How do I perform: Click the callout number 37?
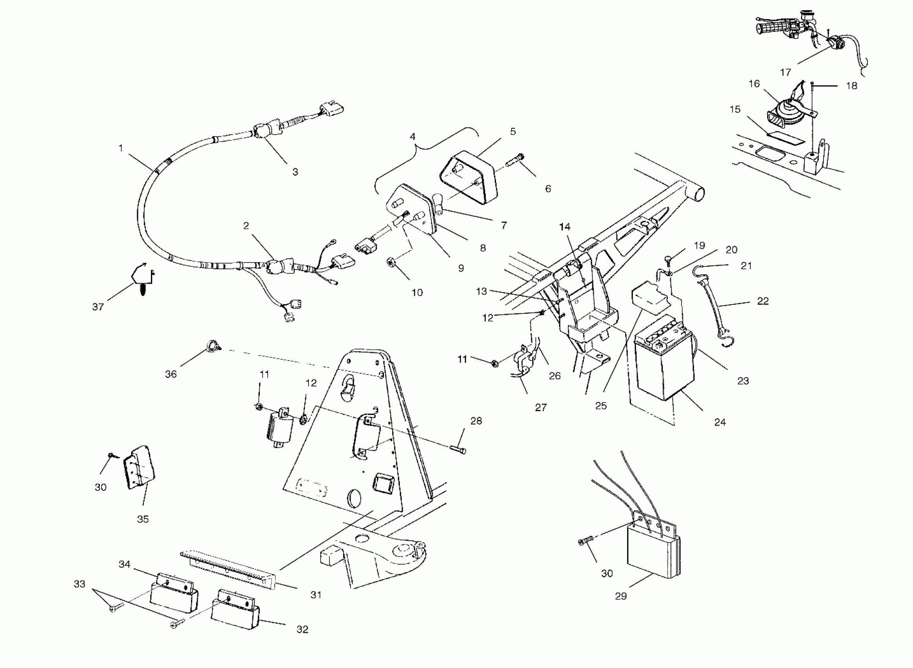pyautogui.click(x=98, y=307)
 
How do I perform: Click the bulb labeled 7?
pyautogui.click(x=438, y=202)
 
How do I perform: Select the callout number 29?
pyautogui.click(x=621, y=596)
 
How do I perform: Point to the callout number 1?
pyautogui.click(x=121, y=149)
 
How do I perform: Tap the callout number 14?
pyautogui.click(x=564, y=227)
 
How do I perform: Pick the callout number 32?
pyautogui.click(x=302, y=629)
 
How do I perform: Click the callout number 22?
pyautogui.click(x=762, y=301)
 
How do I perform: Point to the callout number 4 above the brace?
pyautogui.click(x=412, y=137)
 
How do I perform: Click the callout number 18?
pyautogui.click(x=852, y=86)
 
